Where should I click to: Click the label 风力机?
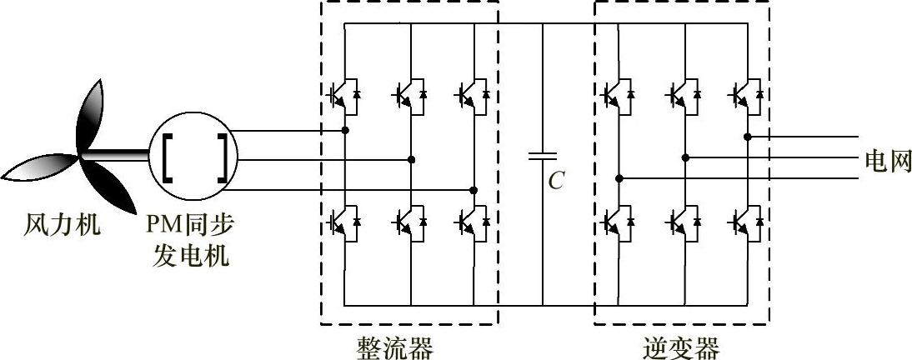62,225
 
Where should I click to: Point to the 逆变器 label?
681,345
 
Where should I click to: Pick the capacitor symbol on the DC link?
543,156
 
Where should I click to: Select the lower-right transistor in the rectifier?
470,222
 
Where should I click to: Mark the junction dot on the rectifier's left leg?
345,131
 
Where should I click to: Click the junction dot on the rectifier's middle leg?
410,159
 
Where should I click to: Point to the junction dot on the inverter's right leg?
748,136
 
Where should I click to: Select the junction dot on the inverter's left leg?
619,177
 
